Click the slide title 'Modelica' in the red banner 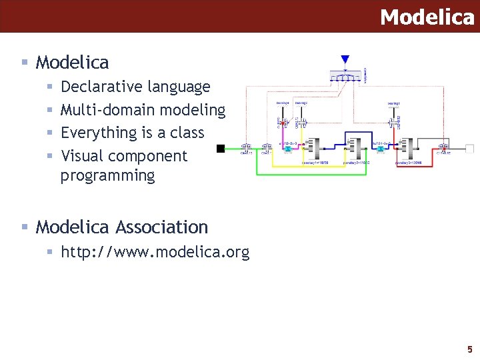coord(427,17)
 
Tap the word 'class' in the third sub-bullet coord(187,133)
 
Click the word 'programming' coord(107,176)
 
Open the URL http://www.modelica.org coord(155,253)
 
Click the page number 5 coord(469,349)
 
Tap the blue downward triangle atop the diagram coord(345,59)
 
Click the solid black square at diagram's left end coord(221,148)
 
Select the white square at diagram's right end coord(469,148)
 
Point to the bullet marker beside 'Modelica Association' coord(24,227)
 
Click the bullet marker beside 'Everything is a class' coord(50,133)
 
